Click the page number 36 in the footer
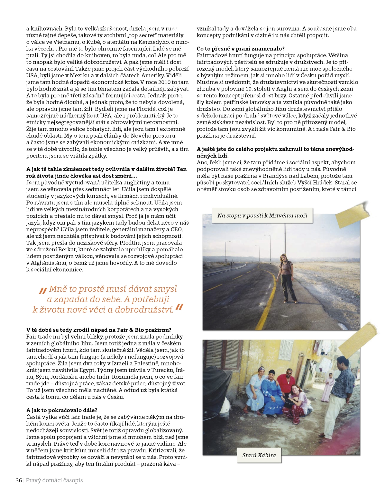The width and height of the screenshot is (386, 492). pos(19,480)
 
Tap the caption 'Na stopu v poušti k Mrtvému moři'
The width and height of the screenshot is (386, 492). pos(262,216)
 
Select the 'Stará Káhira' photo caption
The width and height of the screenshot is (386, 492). pos(259,455)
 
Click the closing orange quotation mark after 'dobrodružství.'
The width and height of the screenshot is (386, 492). pos(179,307)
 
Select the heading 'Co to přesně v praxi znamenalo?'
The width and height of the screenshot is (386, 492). pos(241,49)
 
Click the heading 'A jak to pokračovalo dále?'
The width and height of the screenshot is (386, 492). pos(62,410)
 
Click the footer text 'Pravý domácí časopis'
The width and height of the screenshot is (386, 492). pos(54,480)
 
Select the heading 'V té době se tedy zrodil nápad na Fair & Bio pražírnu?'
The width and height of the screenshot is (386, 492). pos(99,330)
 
